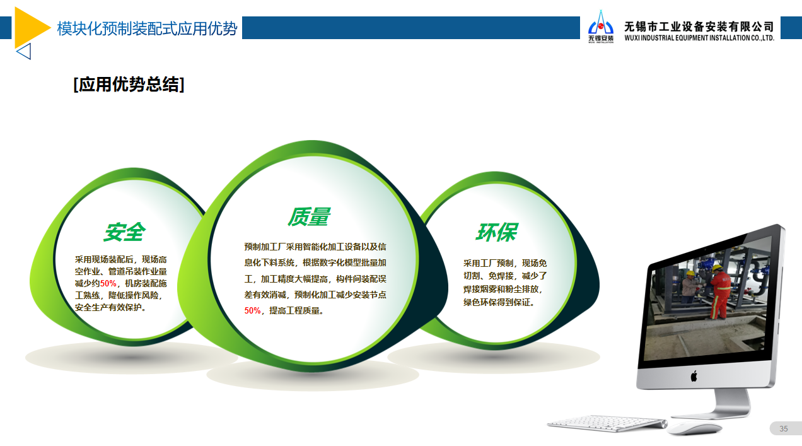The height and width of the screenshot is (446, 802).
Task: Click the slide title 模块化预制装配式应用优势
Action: (x=147, y=28)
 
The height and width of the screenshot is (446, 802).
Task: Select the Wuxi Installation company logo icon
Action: (x=601, y=26)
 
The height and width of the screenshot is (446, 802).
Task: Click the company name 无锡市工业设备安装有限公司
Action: (x=699, y=26)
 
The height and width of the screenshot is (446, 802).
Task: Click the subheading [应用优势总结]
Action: (x=129, y=85)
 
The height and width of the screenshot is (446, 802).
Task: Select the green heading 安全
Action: (x=125, y=232)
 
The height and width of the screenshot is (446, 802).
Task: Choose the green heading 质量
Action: (x=309, y=217)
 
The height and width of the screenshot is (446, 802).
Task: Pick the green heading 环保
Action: (x=497, y=232)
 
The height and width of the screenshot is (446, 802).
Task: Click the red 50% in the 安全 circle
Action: (x=108, y=284)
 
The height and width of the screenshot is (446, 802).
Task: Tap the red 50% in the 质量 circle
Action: (x=252, y=310)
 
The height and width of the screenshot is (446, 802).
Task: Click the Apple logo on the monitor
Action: (x=694, y=376)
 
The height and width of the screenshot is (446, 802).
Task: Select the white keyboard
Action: (x=607, y=423)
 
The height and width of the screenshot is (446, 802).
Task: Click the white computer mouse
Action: (x=695, y=428)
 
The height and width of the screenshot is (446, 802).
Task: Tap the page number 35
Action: (x=783, y=428)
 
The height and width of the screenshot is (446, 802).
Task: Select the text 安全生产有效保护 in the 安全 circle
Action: (x=108, y=307)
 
